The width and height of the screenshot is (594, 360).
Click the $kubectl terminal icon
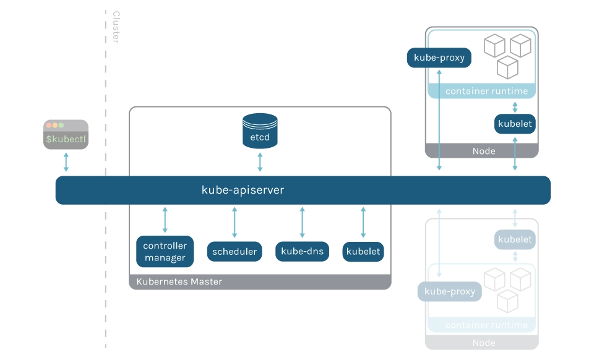coord(66,134)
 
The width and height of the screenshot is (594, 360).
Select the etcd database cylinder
coord(260,131)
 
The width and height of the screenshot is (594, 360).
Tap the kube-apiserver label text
coord(243,190)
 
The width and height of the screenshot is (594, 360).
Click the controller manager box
coord(165,252)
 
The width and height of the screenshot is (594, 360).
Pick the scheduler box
coord(235,252)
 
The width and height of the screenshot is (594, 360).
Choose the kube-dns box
coord(303,252)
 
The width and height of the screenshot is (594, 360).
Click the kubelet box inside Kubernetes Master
coord(363,252)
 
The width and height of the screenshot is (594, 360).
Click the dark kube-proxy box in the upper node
coord(439,58)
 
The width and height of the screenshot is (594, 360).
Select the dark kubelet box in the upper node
coord(515,124)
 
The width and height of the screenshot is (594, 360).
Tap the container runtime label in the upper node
coord(486,92)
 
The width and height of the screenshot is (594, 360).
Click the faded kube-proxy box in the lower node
coord(450,291)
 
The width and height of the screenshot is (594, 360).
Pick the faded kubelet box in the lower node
coord(515,239)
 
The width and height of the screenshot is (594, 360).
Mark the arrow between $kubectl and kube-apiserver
coord(66,162)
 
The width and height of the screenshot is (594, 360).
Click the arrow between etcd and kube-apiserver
coord(260,161)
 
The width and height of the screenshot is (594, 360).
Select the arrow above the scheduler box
coord(235,223)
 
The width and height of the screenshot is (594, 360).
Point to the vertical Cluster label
coord(116,27)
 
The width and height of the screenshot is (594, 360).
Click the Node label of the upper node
coord(483,151)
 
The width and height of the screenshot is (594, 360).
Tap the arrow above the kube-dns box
coord(303,223)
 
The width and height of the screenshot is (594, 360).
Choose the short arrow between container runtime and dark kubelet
coord(515,106)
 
